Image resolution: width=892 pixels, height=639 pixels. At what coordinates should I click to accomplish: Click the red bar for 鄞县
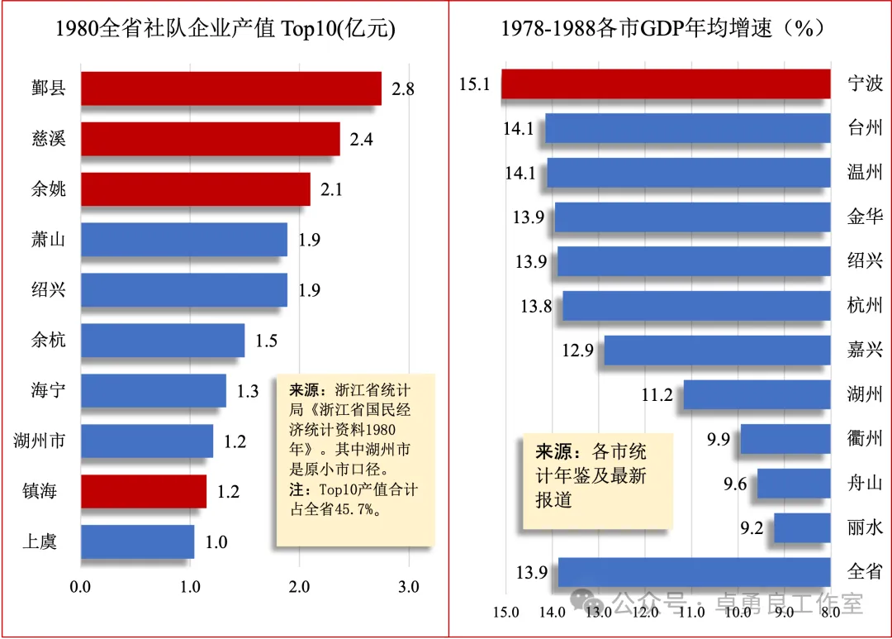[x=230, y=88]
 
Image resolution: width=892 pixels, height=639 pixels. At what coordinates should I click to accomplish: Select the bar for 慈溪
[x=210, y=139]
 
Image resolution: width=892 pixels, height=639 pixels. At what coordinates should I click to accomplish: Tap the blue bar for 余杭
[x=163, y=340]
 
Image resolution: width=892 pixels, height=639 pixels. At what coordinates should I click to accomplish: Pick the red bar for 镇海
[x=143, y=491]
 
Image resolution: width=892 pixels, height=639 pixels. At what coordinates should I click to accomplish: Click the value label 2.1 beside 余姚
[x=331, y=190]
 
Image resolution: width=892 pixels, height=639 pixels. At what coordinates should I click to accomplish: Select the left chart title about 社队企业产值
[x=225, y=30]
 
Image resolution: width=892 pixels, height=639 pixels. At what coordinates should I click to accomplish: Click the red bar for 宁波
[x=665, y=83]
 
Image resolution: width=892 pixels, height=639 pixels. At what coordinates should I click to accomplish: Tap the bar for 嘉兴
[x=717, y=350]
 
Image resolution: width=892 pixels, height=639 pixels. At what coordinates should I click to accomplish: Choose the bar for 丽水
[x=801, y=527]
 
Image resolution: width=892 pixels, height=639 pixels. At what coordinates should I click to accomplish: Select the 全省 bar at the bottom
[x=694, y=572]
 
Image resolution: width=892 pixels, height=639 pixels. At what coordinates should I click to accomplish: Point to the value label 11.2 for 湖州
[x=657, y=394]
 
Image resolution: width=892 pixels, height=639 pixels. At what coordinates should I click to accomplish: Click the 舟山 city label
[x=865, y=483]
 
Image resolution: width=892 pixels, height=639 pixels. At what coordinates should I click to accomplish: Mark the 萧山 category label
[x=49, y=240]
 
